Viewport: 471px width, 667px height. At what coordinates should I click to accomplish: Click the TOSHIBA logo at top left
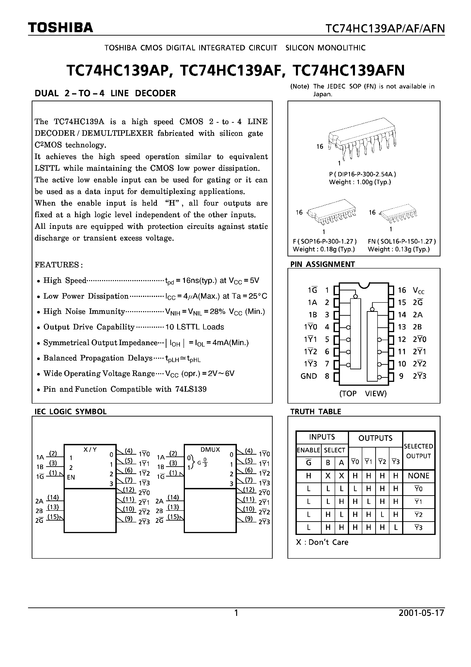[60, 28]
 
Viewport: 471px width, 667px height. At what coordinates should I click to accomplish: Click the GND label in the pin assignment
[308, 376]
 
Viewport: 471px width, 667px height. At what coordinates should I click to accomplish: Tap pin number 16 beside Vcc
[402, 290]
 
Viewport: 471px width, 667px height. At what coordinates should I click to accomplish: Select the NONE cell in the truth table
[418, 476]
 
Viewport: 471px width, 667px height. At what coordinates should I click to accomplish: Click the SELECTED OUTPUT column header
[418, 451]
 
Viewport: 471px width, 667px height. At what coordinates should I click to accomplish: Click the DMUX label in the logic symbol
[210, 449]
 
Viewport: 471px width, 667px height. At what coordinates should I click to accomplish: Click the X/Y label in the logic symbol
[90, 449]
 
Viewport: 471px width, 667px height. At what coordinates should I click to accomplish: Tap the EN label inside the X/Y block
[71, 477]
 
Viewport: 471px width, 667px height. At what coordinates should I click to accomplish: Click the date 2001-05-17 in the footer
[421, 613]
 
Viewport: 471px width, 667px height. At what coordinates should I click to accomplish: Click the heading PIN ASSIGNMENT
[322, 264]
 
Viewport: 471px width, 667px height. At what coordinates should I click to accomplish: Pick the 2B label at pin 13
[417, 327]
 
